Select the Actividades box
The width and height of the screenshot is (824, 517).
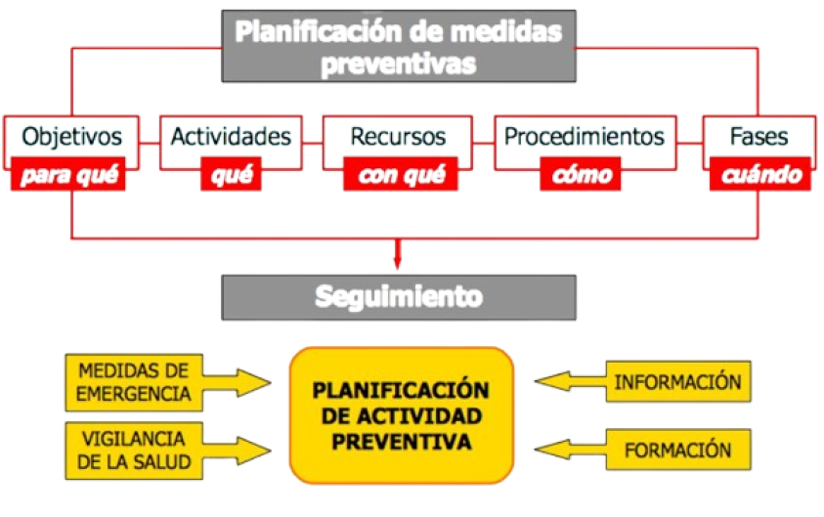pos(232,136)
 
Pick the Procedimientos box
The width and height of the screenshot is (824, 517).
pos(584,136)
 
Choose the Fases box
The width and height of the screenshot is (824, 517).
pos(759,136)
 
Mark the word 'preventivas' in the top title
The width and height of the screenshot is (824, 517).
pos(400,65)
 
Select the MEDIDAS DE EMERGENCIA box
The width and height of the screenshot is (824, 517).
pos(134,381)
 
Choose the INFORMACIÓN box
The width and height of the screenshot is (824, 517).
pos(678,381)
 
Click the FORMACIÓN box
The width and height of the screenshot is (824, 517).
pos(678,450)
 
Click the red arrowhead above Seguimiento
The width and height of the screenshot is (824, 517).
pos(398,261)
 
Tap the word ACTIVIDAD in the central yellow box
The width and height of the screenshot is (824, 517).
pos(401,417)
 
